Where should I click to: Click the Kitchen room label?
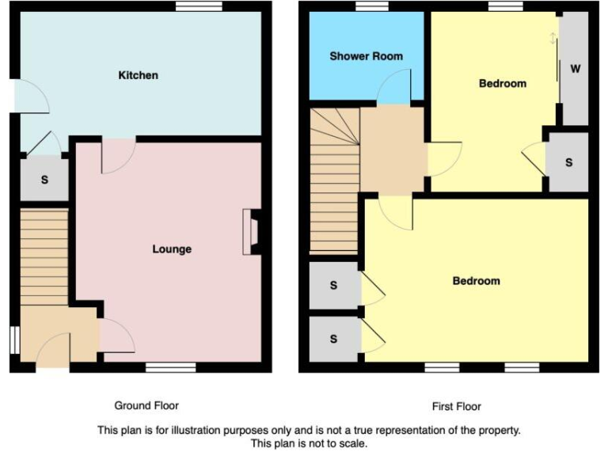click(138, 75)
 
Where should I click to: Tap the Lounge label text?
click(172, 249)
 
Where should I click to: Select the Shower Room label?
click(366, 56)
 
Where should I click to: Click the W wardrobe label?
click(576, 69)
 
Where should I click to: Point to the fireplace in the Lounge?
click(251, 231)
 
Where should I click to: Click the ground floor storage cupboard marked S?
click(44, 180)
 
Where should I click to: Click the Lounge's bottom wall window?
click(170, 367)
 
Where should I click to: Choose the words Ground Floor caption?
click(146, 405)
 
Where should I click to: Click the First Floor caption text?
click(456, 406)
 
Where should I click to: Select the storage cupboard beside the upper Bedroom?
click(569, 162)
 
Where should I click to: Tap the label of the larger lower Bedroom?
click(476, 281)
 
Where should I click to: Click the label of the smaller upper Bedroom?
click(503, 83)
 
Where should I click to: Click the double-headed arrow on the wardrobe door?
click(553, 38)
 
